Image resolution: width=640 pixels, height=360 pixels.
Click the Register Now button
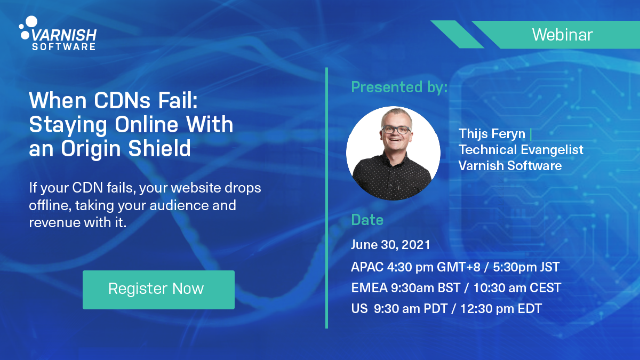point(158,290)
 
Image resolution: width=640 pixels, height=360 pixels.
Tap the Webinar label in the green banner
point(562,35)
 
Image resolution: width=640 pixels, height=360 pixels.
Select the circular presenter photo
point(393,154)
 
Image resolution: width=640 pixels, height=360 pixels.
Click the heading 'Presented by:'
point(399,87)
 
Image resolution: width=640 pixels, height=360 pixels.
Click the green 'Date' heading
point(367,220)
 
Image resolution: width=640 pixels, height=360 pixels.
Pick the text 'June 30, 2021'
point(390,245)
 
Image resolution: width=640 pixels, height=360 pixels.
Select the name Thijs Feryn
point(492,133)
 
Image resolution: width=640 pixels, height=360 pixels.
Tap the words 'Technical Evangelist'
point(521,150)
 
